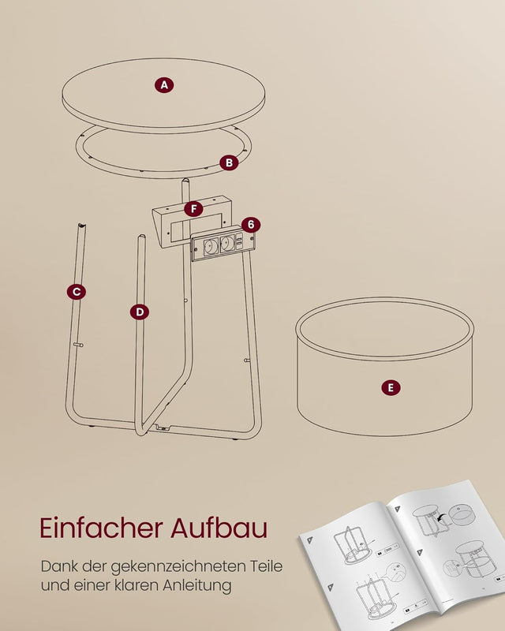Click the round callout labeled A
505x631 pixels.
[x=164, y=85]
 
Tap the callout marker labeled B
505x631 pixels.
[x=229, y=162]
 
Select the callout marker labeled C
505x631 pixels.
[x=77, y=291]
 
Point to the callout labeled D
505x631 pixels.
[x=140, y=312]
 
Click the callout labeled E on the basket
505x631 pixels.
[x=390, y=387]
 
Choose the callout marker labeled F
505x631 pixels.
[x=193, y=209]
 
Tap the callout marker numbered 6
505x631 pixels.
[x=250, y=225]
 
